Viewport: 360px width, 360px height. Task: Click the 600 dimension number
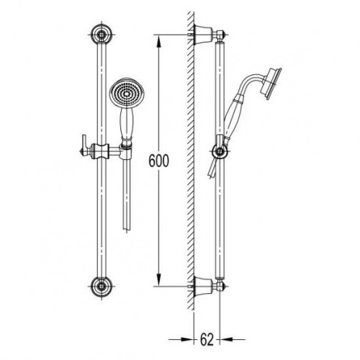pos(158,161)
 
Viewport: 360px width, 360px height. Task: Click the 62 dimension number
pos(207,339)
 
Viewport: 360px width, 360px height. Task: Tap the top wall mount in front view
pos(102,35)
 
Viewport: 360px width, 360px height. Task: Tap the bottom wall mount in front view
pos(102,287)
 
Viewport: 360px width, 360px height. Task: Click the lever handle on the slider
pos(85,146)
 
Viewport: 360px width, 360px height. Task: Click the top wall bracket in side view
pos(203,35)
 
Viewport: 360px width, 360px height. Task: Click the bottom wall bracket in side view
pos(203,287)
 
